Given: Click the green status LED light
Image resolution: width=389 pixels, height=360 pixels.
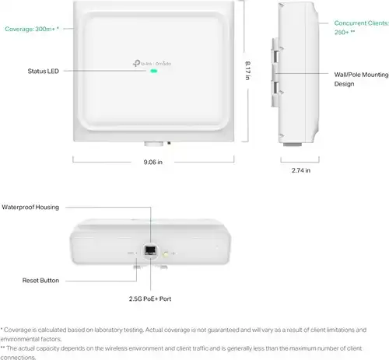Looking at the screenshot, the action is point(154,71).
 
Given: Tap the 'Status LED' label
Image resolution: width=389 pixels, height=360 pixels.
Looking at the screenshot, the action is point(44,71).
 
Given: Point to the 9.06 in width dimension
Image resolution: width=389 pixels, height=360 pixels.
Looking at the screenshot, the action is point(153,162).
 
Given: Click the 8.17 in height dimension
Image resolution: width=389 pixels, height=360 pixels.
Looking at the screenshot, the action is point(248,71).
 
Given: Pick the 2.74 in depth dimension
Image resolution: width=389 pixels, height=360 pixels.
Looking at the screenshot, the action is point(301,170).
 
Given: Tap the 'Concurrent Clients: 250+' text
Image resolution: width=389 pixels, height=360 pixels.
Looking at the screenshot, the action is point(361,27).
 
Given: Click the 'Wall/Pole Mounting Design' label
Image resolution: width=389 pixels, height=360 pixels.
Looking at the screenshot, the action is point(361,79).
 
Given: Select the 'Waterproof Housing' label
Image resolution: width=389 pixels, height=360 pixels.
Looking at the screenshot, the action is point(30,207).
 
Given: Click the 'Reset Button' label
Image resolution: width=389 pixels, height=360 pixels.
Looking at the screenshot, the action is point(40,281).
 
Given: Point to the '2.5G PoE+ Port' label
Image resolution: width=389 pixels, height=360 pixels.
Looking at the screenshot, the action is point(150,299).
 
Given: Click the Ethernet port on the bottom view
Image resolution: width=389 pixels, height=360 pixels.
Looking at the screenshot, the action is point(150,250).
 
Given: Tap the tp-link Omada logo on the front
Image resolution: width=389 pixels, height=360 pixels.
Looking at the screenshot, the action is point(152,63).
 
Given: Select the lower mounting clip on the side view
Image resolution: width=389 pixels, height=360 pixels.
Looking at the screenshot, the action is point(276,91).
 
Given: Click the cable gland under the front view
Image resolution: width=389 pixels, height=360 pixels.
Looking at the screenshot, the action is point(154,144).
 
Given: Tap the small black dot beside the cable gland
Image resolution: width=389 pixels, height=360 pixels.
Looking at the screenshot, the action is point(169,143).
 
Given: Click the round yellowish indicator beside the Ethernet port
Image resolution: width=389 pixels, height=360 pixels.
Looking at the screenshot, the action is point(166,254).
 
